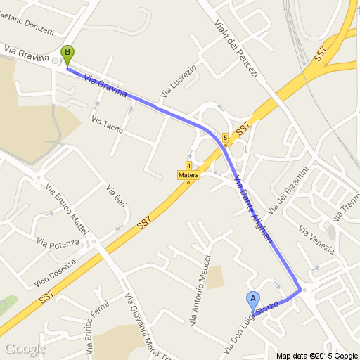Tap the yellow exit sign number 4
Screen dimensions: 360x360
(189, 167)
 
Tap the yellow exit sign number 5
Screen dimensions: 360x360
(224, 137)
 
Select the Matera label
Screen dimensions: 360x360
(188, 175)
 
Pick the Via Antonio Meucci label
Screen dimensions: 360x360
(200, 289)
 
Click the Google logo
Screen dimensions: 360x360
(24, 349)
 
